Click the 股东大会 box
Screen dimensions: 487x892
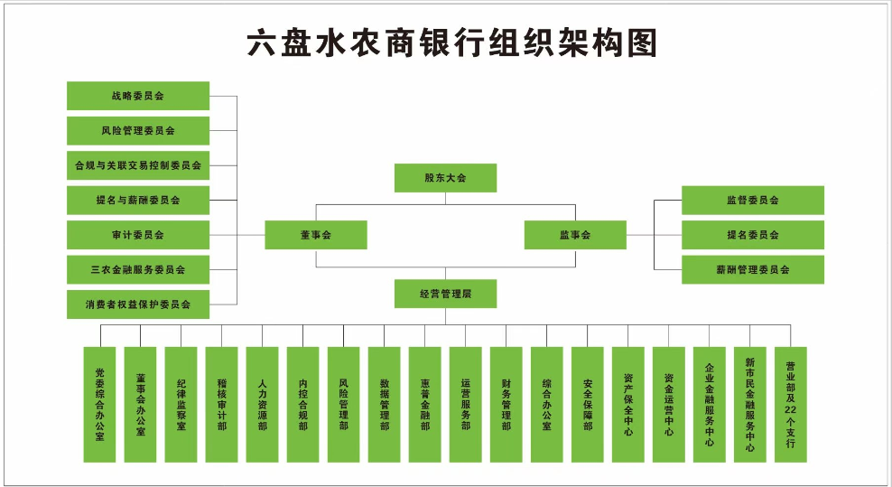tap(445, 178)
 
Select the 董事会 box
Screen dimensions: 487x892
tap(316, 235)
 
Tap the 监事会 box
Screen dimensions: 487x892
tap(575, 235)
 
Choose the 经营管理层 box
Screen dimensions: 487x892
tap(445, 294)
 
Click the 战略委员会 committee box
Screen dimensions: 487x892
tap(138, 96)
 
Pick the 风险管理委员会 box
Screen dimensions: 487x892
tap(138, 131)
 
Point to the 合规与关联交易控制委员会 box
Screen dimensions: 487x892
tap(138, 165)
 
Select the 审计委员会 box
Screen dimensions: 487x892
tap(138, 235)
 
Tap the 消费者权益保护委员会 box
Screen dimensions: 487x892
tap(138, 304)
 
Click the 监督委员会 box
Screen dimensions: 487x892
tap(752, 201)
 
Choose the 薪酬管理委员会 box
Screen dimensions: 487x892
tap(752, 269)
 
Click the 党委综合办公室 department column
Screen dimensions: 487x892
tap(100, 404)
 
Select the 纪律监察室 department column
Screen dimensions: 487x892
tap(181, 404)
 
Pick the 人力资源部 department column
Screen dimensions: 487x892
tap(263, 404)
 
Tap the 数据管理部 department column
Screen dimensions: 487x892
tap(385, 404)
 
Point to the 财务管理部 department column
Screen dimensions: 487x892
tap(506, 404)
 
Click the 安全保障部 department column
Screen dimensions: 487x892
tap(588, 404)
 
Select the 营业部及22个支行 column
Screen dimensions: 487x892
tap(791, 404)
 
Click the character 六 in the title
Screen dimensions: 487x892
tap(262, 43)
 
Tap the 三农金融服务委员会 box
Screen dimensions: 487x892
tap(138, 269)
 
